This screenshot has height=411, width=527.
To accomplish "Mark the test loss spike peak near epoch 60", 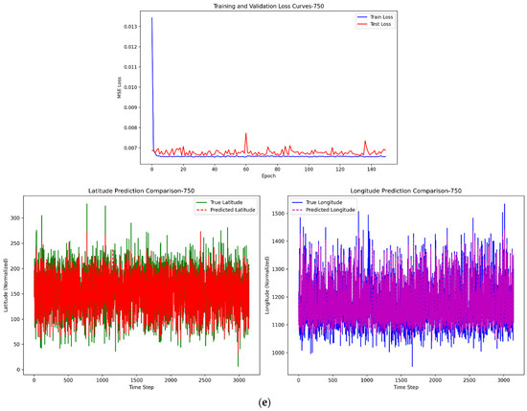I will pos(246,133).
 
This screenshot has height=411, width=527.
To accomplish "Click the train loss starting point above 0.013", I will pos(151,18).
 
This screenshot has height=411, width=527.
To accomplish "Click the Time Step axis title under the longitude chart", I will pos(407,386).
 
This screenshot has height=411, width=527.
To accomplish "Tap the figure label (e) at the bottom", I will pos(263,403).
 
